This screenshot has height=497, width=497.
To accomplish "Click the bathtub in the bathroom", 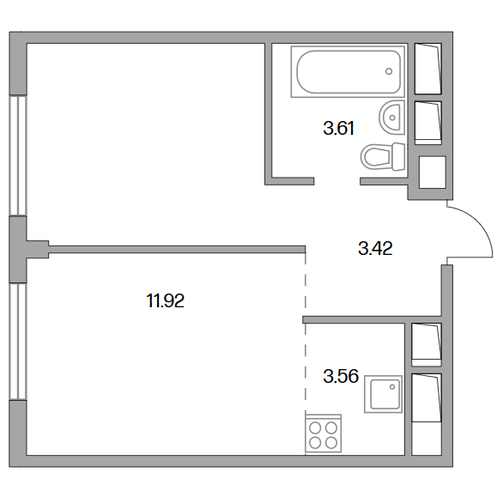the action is pos(348,71).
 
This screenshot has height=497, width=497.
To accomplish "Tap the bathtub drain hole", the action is pos(389,71).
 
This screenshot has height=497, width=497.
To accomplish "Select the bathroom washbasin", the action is pos(392,118).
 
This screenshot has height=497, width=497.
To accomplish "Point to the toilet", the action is pos(383,156).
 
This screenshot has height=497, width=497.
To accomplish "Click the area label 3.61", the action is pos(338,129).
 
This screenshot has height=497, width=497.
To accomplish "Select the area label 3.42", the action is pos(375,248).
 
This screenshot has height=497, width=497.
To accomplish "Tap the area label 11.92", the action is pos(165,300).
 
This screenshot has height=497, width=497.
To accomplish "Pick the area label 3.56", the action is pos(341,376).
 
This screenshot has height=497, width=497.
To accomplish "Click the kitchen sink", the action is pos(383,394).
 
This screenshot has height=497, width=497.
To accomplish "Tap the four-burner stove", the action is pos(324,433).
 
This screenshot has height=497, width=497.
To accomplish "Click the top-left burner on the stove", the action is pos(315,428).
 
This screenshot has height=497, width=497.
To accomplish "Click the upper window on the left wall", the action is pos(18,155).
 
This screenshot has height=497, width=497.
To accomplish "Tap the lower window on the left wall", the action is pos(18,341).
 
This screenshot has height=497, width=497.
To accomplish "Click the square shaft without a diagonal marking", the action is pos(433,173).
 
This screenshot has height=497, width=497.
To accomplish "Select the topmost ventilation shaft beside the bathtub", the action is pos(428,69).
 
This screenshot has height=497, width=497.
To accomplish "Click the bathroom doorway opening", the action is pos(337,181).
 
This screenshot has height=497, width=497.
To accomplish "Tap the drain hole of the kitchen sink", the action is pos(392,386).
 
